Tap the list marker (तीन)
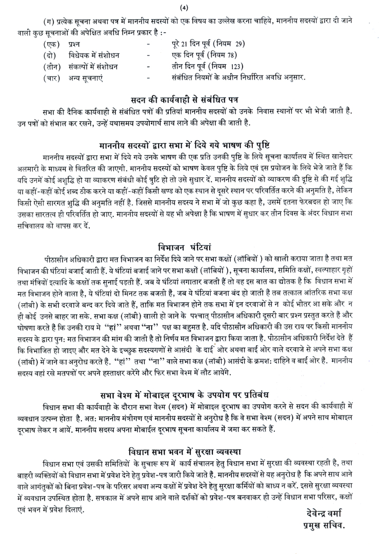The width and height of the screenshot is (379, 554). [51, 67]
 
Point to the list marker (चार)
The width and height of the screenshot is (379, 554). [51, 78]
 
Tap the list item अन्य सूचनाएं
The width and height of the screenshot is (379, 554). [86, 78]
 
